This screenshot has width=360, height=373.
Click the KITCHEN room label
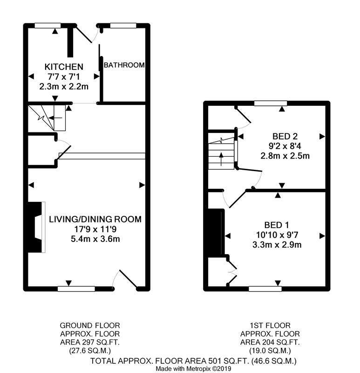(64, 67)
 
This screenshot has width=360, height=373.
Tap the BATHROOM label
(124, 65)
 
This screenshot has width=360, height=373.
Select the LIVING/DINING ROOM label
(95, 219)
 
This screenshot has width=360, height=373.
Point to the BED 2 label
(285, 136)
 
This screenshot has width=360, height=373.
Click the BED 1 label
(277, 225)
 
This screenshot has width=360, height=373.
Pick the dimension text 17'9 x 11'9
(95, 229)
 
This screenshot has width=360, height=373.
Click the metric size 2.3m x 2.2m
(64, 86)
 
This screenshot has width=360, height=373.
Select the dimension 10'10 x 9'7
(277, 235)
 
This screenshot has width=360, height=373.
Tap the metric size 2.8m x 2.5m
(285, 156)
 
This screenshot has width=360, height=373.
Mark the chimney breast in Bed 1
(216, 232)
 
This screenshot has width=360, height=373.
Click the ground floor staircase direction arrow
(55, 118)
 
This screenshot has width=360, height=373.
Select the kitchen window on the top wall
(48, 26)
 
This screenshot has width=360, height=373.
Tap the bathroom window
(123, 26)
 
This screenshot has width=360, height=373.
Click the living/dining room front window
(76, 289)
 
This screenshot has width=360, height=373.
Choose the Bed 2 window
(271, 103)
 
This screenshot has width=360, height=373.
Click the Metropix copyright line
(193, 369)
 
